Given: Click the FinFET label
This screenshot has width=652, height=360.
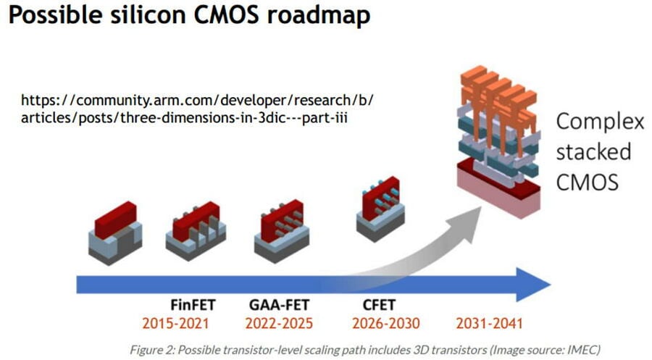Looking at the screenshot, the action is point(193,305).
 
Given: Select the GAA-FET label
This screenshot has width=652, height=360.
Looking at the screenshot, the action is point(279,305).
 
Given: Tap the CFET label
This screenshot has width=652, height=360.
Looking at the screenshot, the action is point(379,305).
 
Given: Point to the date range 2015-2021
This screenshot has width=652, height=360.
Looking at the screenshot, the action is point(175,323).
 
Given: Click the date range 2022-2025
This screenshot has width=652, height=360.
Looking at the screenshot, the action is point(279,323).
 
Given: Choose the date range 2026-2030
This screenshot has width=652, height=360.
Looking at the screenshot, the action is point(386,323).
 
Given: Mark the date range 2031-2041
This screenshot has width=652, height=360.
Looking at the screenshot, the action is point(489,323).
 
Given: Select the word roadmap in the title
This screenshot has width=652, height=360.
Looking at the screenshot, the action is point(319,16).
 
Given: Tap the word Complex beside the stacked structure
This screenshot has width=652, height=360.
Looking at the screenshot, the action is point(600,122).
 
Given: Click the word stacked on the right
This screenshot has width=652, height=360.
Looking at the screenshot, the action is point(593,151).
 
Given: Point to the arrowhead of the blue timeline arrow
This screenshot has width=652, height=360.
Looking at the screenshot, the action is point(533,285).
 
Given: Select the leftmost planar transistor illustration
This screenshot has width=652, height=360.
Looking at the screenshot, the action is point(115,233).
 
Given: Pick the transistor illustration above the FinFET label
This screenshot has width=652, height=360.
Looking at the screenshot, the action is point(196,231).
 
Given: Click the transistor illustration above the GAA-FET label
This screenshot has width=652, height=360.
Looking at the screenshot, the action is point(282,231).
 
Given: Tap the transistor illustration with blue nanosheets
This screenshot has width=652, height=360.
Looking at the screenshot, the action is point(380,209).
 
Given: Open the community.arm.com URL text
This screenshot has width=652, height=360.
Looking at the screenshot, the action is point(198,109).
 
